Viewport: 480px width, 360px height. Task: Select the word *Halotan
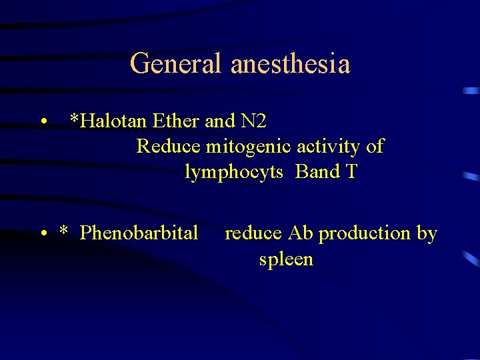point(109,121)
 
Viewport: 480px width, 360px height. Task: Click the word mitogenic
point(242,147)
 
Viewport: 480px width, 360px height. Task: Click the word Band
point(318,171)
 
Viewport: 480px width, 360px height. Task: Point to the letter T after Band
point(351,171)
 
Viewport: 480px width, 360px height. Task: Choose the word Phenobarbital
point(139,233)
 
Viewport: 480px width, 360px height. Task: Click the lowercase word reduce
point(253,233)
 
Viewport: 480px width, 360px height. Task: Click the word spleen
point(286,259)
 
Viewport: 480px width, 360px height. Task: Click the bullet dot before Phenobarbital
point(43,234)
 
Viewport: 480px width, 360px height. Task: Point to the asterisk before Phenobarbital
point(63,231)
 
